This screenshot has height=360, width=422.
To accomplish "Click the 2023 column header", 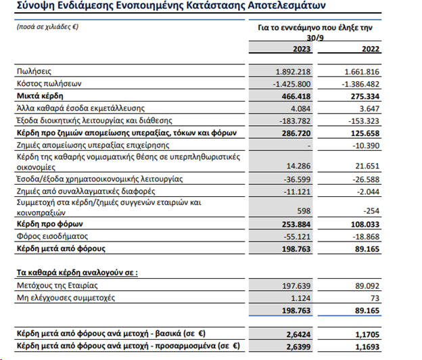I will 301,48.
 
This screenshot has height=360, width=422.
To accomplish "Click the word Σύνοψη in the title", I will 32,7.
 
